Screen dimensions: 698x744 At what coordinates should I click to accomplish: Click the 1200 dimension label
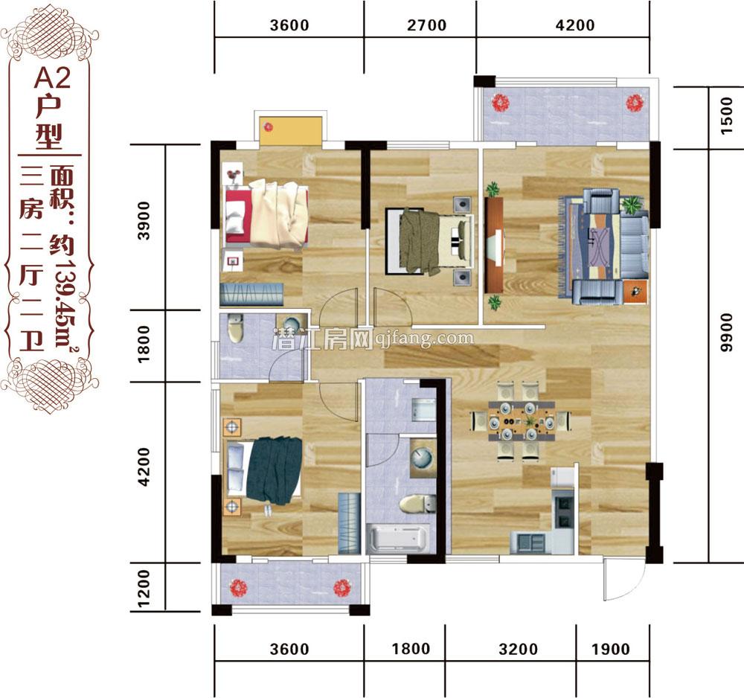coord(145,587)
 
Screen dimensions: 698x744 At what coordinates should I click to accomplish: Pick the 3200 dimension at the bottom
coord(519,649)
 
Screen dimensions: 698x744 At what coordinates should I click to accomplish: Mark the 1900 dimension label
coord(611,649)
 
